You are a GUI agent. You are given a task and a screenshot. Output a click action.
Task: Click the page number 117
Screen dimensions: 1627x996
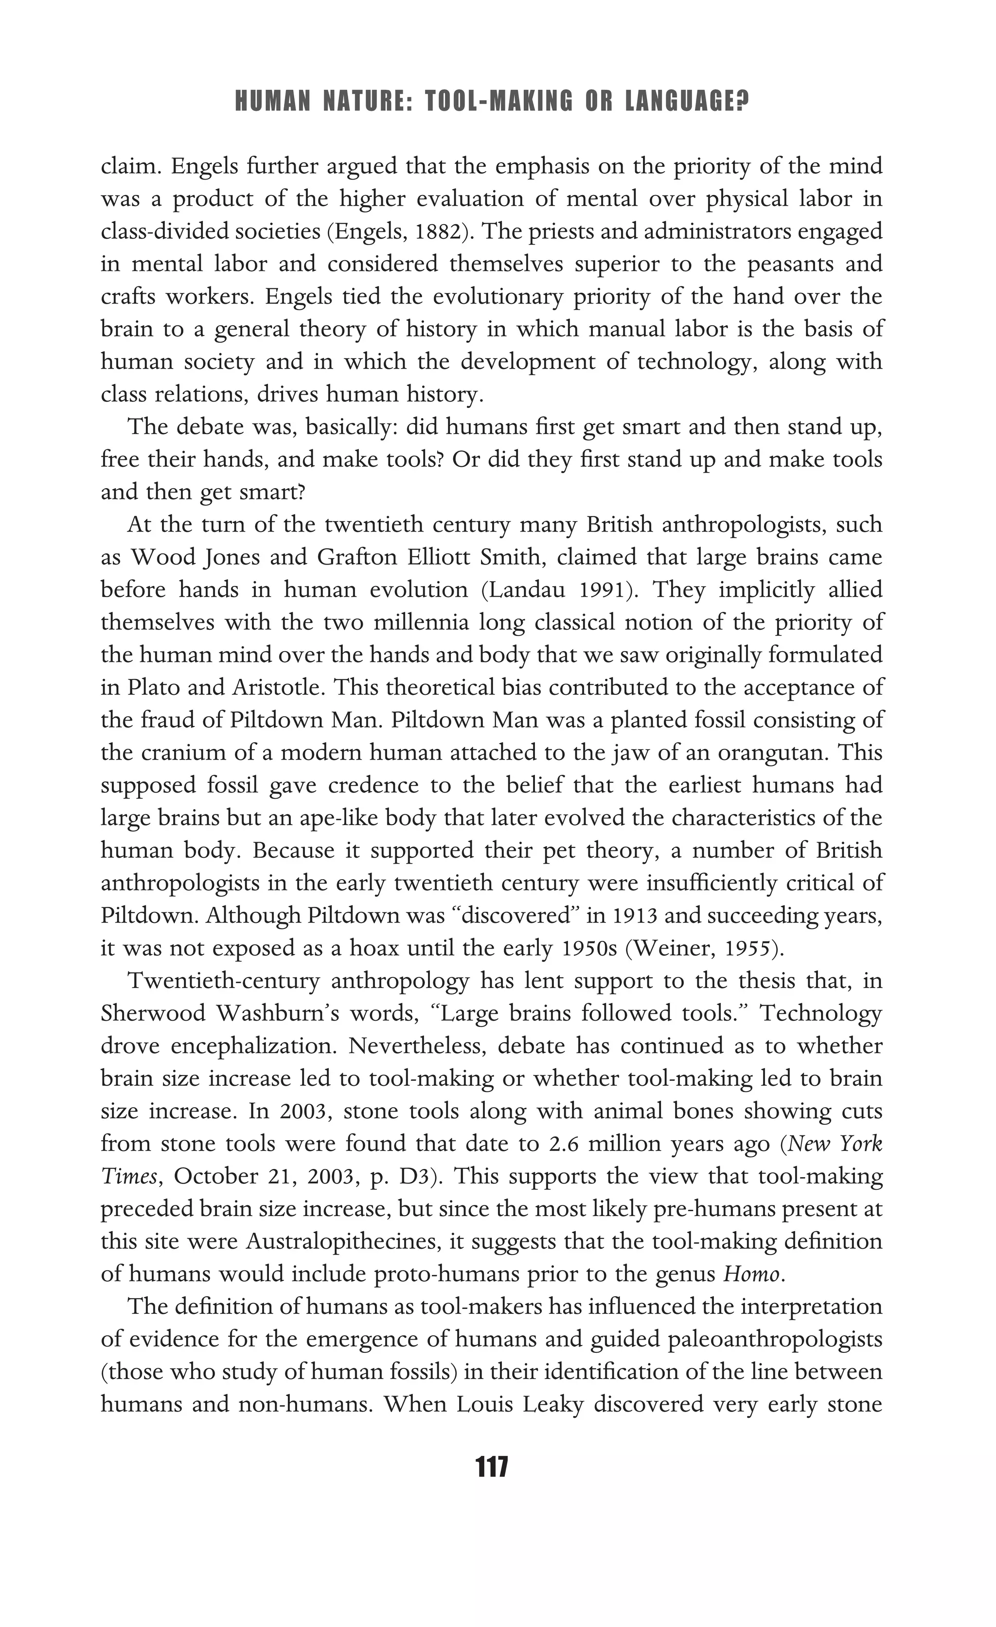pyautogui.click(x=491, y=1467)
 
